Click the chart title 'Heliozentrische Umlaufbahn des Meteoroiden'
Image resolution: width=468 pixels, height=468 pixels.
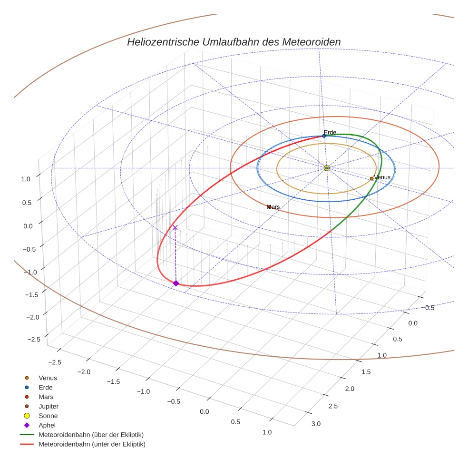point(234,42)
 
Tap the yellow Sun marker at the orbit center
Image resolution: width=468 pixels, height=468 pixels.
point(327,168)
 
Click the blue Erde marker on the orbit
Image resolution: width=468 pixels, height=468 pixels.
point(324,136)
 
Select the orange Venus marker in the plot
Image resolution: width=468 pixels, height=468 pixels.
point(371,179)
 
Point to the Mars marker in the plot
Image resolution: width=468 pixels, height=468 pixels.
point(269,207)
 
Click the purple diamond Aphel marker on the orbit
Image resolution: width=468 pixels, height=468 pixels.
point(175,283)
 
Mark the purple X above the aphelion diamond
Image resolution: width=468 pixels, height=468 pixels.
point(175,228)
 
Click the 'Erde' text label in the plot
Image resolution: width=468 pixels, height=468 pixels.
point(330,132)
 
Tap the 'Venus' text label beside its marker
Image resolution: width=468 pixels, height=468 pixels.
point(382,177)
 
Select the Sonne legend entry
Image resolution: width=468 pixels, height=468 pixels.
point(48,416)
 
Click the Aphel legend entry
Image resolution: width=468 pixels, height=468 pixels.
point(47,425)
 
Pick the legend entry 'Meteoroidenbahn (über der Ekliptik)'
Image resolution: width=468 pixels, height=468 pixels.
point(91,435)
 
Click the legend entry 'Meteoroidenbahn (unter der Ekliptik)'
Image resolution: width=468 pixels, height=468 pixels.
point(92,444)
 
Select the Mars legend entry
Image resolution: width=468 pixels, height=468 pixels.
point(46,397)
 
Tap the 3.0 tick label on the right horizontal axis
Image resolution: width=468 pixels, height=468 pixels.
point(316,424)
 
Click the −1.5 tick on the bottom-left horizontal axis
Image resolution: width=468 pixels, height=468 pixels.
point(113,381)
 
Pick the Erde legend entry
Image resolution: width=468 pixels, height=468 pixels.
point(46,387)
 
